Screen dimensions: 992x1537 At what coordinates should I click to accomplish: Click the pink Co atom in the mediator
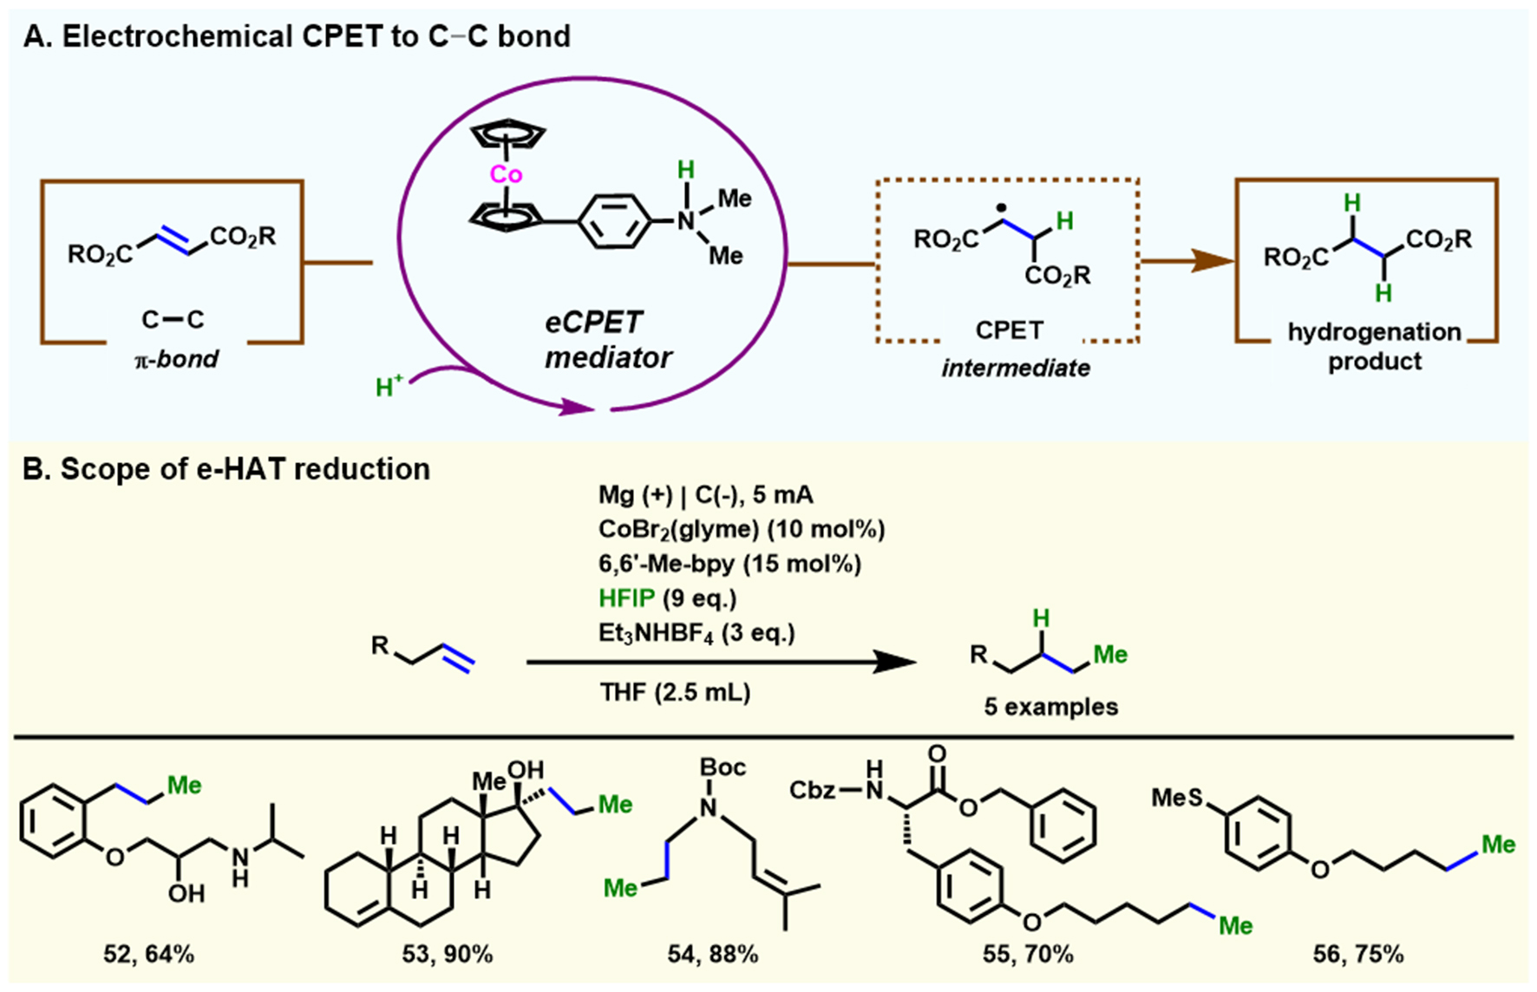506,174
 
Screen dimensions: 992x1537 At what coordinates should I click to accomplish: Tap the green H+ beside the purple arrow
389,386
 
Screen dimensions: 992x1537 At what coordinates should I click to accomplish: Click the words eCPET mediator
607,340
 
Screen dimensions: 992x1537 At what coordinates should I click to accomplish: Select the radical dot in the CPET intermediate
1003,209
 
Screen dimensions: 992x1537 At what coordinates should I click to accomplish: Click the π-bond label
176,359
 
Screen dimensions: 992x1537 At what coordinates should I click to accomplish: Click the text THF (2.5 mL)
674,692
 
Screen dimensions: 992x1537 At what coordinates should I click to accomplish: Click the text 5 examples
1050,707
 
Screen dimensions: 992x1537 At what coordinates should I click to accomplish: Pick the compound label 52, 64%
148,955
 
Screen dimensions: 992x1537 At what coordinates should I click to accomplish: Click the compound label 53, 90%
447,955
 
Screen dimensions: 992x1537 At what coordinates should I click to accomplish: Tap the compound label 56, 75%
1357,955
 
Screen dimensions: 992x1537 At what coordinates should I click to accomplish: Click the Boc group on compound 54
723,767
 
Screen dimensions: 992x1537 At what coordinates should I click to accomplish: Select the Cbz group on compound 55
813,790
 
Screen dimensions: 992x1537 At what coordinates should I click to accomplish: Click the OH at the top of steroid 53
526,770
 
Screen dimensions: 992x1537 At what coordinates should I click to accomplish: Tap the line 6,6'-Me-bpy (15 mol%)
729,564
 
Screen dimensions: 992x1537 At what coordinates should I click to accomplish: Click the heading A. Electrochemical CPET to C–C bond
298,36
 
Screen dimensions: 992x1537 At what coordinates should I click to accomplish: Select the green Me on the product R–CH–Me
1109,655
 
